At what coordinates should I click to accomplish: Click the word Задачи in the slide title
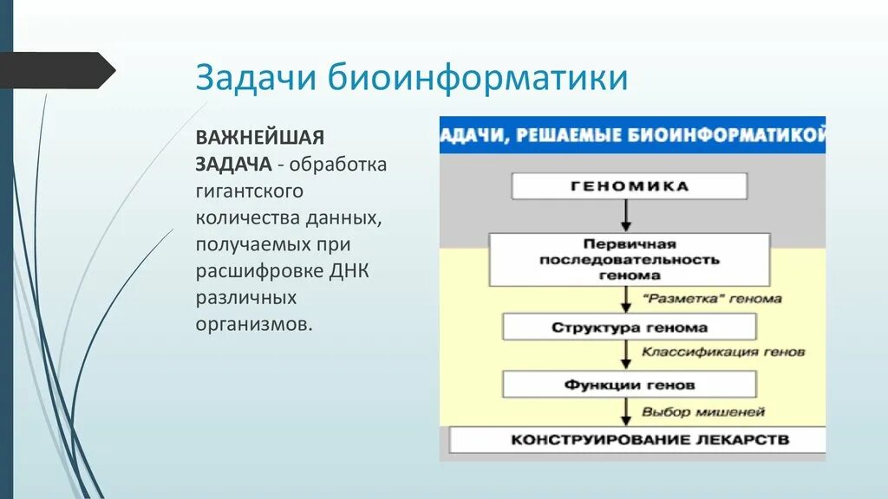pyautogui.click(x=256, y=77)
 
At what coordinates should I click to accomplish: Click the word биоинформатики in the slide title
pyautogui.click(x=478, y=77)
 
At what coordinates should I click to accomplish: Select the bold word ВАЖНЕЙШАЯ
pyautogui.click(x=260, y=138)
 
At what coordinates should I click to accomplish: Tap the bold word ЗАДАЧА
pyautogui.click(x=234, y=164)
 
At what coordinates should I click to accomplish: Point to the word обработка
pyautogui.click(x=338, y=165)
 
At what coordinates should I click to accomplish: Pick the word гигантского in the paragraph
pyautogui.click(x=249, y=191)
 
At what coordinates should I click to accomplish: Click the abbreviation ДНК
pyautogui.click(x=349, y=271)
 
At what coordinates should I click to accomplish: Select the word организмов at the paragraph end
pyautogui.click(x=254, y=325)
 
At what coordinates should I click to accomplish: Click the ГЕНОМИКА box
pyautogui.click(x=630, y=186)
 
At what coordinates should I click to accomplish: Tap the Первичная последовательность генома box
pyautogui.click(x=630, y=260)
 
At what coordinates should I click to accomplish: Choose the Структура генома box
pyautogui.click(x=630, y=327)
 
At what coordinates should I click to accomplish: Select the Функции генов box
pyautogui.click(x=630, y=385)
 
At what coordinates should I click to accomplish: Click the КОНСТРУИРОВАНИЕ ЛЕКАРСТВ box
pyautogui.click(x=637, y=440)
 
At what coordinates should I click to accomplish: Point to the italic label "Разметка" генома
pyautogui.click(x=712, y=299)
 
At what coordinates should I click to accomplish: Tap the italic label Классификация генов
pyautogui.click(x=722, y=352)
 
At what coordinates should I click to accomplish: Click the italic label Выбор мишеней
pyautogui.click(x=702, y=412)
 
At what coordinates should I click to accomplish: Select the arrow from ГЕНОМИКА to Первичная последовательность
pyautogui.click(x=626, y=216)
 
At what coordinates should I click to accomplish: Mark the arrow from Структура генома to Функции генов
pyautogui.click(x=626, y=355)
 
